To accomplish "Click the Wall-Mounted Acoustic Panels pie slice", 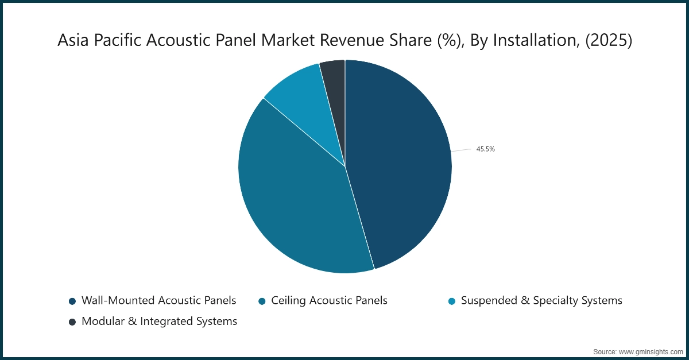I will pyautogui.click(x=402, y=167).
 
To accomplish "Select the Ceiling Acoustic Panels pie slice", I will pyautogui.click(x=293, y=201).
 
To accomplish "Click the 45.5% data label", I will pyautogui.click(x=485, y=149).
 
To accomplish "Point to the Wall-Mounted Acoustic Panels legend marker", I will pyautogui.click(x=72, y=301).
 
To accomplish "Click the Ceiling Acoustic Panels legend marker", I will pyautogui.click(x=262, y=301).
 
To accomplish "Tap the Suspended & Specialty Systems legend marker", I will pyautogui.click(x=452, y=301).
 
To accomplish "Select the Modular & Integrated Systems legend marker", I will pyautogui.click(x=72, y=322).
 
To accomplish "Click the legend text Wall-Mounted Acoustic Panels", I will pyautogui.click(x=158, y=300).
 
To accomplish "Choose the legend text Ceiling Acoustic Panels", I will pyautogui.click(x=329, y=300).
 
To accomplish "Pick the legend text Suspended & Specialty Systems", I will pyautogui.click(x=541, y=300).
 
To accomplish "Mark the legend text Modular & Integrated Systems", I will pyautogui.click(x=159, y=322).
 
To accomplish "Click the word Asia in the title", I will pyautogui.click(x=73, y=41).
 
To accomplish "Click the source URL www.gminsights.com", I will pyautogui.click(x=650, y=351).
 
